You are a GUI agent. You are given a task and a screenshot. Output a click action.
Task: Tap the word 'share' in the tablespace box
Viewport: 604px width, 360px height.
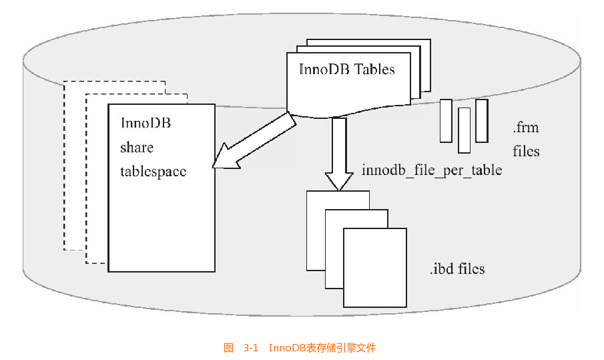pyautogui.click(x=137, y=147)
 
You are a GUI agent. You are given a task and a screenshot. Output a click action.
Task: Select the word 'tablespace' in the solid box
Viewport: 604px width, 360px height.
pyautogui.click(x=153, y=171)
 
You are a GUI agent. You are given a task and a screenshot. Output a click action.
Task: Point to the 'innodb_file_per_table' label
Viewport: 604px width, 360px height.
pyautogui.click(x=432, y=170)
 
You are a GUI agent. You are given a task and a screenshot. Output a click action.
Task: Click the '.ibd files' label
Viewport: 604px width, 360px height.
pyautogui.click(x=457, y=269)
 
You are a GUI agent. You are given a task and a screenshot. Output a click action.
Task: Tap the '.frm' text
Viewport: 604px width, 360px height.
pyautogui.click(x=525, y=127)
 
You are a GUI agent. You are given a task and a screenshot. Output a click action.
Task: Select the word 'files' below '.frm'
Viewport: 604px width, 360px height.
pyautogui.click(x=526, y=151)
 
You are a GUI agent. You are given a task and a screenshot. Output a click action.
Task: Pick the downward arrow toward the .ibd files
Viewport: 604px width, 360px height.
pyautogui.click(x=339, y=154)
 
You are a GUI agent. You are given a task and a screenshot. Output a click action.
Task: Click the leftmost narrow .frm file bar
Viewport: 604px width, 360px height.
pyautogui.click(x=446, y=120)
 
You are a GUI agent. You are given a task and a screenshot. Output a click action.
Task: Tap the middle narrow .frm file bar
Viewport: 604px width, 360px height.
pyautogui.click(x=464, y=130)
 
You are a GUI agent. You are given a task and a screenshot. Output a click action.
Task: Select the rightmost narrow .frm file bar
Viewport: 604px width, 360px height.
pyautogui.click(x=482, y=120)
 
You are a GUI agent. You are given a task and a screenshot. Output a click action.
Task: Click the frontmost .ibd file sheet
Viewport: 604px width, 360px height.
pyautogui.click(x=374, y=266)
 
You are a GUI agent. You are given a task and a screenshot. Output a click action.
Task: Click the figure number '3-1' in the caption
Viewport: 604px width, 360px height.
pyautogui.click(x=251, y=348)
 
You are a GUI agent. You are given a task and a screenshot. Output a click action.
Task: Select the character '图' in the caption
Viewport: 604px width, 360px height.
pyautogui.click(x=228, y=348)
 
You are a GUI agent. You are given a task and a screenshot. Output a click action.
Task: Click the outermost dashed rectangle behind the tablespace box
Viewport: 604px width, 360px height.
pyautogui.click(x=73, y=167)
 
